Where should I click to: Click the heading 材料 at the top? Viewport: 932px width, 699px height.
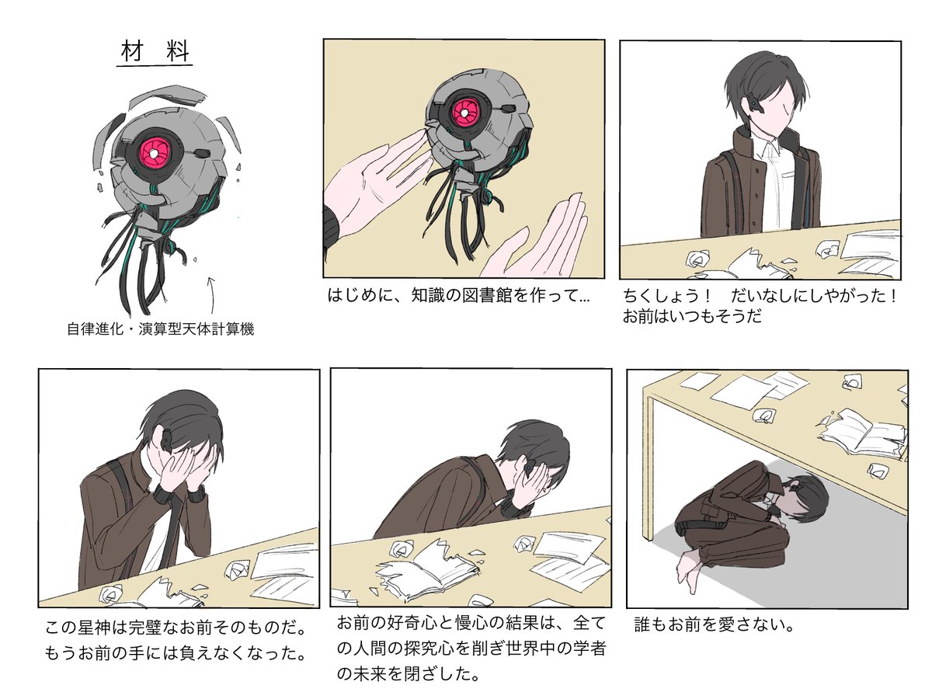(155, 52)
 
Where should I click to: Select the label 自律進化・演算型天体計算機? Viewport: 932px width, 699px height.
(161, 329)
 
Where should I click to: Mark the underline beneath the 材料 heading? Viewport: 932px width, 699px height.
(155, 68)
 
